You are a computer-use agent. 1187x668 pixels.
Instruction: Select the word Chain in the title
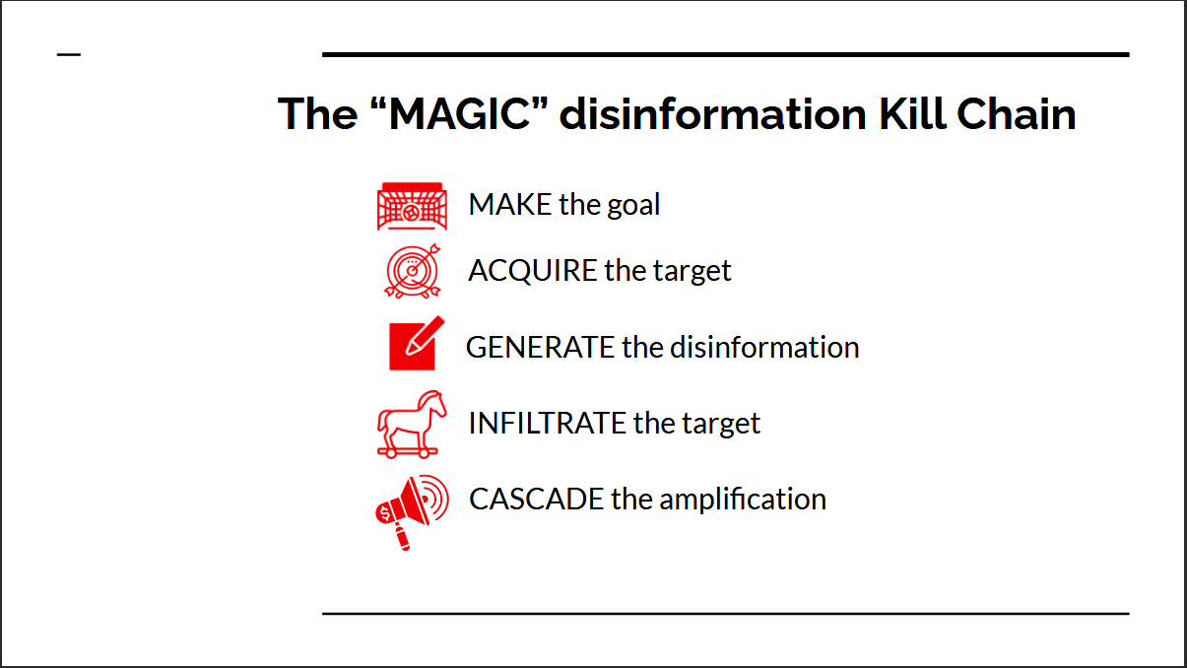coord(1021,114)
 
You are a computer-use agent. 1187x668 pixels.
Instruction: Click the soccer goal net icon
coord(412,206)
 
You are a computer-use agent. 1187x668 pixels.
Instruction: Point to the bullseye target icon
coord(412,270)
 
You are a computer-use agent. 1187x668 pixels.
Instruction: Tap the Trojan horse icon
coord(412,424)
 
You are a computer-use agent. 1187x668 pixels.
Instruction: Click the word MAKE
coord(510,205)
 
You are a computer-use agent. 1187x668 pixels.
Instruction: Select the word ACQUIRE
coord(533,271)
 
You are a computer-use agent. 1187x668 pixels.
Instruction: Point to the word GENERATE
coord(540,348)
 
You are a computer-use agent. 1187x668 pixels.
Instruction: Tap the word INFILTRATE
coord(548,424)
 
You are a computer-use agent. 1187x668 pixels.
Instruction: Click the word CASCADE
coord(537,500)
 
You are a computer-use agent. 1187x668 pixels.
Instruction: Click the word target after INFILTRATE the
coord(724,424)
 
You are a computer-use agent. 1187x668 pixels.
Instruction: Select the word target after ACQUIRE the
coord(694,271)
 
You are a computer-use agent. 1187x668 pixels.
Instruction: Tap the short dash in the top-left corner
coord(69,54)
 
